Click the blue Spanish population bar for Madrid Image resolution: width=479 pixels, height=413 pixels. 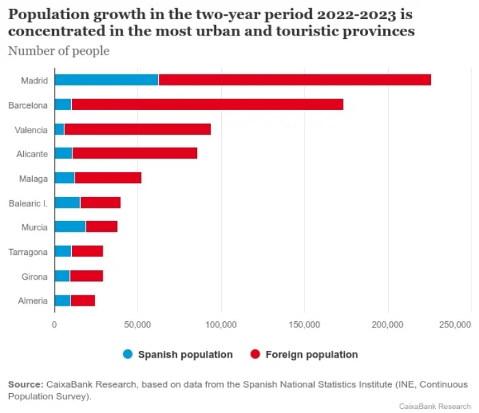(x=106, y=80)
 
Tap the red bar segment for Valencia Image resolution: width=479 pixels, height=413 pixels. (x=137, y=129)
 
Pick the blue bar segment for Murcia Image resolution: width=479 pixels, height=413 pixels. (x=70, y=227)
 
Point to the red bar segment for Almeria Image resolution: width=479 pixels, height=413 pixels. (x=83, y=300)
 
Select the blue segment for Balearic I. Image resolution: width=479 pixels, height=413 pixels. (x=67, y=202)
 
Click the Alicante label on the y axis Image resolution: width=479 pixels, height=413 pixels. (x=32, y=154)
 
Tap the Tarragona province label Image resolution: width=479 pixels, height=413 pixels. (x=28, y=252)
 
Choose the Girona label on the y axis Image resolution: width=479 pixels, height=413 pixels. (x=34, y=276)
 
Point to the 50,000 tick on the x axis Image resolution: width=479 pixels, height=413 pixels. (x=138, y=325)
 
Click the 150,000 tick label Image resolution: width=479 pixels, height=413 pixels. (x=305, y=325)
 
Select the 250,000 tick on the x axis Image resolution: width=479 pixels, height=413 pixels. (x=455, y=325)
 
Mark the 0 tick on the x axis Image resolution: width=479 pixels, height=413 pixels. (x=54, y=325)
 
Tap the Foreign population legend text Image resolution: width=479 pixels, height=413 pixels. (x=311, y=354)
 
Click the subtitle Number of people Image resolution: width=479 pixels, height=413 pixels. (x=58, y=51)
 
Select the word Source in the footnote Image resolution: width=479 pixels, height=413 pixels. (x=25, y=384)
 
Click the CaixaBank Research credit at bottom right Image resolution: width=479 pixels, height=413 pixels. (x=435, y=405)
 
